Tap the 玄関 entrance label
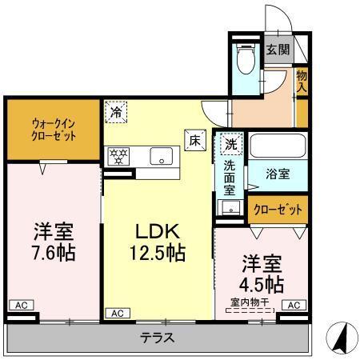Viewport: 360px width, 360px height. pyautogui.click(x=278, y=49)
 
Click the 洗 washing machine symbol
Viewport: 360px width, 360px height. pyautogui.click(x=230, y=145)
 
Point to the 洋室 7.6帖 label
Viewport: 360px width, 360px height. pyautogui.click(x=54, y=244)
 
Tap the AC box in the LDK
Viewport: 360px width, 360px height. pyautogui.click(x=118, y=313)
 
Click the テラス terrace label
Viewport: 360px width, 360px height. pyautogui.click(x=159, y=337)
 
